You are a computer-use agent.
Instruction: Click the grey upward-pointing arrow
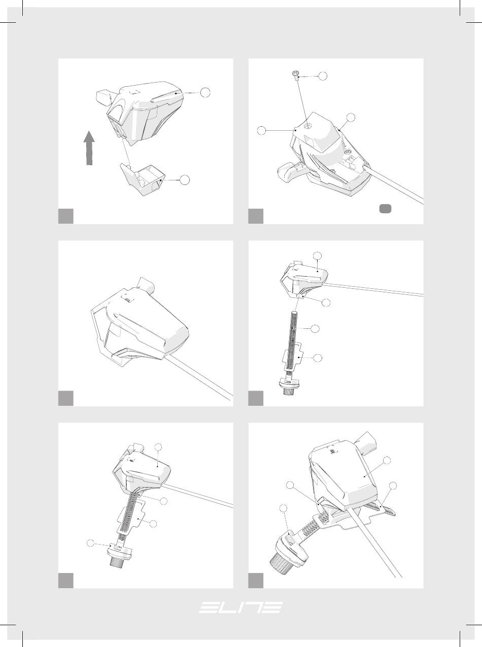(x=89, y=148)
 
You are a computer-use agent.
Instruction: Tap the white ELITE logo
(x=240, y=607)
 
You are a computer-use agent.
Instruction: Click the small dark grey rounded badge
(x=385, y=209)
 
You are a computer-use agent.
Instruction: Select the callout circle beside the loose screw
(x=323, y=76)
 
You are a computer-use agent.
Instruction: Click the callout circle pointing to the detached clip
(x=185, y=180)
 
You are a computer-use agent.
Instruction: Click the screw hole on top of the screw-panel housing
(x=307, y=126)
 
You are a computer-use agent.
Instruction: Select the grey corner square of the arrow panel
(x=66, y=216)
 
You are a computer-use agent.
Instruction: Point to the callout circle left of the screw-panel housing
(x=261, y=131)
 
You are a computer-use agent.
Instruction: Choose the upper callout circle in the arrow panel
(x=205, y=93)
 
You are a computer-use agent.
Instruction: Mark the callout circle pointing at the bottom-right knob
(x=283, y=509)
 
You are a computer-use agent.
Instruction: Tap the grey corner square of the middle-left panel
(x=66, y=398)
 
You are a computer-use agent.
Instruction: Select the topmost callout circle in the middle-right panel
(x=317, y=256)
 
